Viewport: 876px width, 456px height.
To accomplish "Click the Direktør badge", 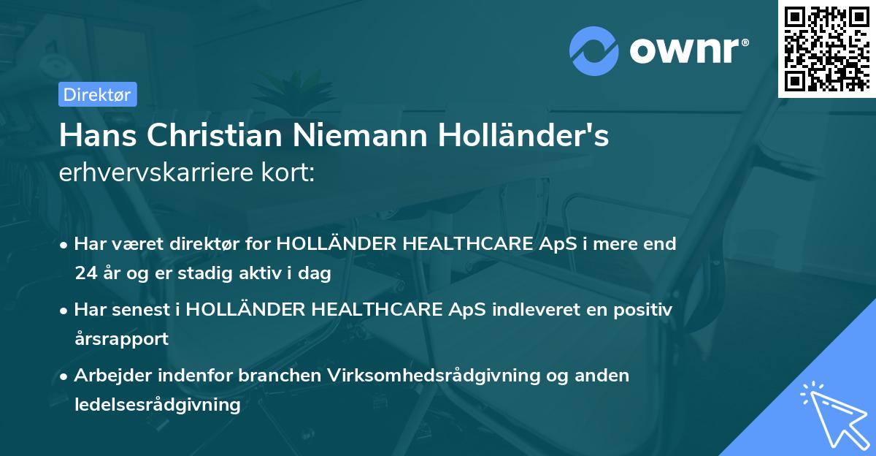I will click(97, 94).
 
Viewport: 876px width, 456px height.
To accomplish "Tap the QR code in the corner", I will click(826, 49).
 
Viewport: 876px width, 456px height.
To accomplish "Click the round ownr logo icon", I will click(594, 50).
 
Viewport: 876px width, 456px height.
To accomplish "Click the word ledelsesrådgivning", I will click(157, 404).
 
